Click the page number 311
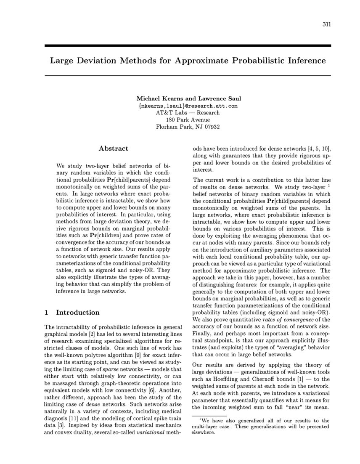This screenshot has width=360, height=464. [326, 24]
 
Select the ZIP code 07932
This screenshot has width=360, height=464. [210, 127]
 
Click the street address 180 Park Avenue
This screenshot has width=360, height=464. [188, 120]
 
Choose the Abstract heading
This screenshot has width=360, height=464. [113, 148]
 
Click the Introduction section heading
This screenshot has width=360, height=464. [77, 313]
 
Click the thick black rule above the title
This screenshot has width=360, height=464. [188, 45]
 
